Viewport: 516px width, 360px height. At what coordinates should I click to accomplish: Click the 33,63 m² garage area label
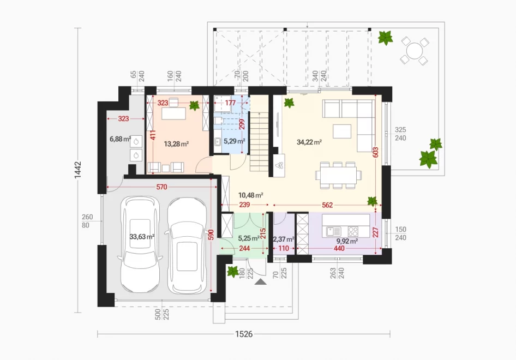142,237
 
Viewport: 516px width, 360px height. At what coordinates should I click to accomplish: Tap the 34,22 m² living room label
309,142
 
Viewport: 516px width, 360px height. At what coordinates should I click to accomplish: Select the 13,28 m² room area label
176,144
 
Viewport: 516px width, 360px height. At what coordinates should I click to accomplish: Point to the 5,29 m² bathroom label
235,141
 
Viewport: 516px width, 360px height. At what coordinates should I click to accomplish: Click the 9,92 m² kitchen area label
347,241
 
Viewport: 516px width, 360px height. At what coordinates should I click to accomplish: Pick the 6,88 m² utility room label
121,139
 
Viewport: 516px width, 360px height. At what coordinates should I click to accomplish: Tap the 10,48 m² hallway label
250,195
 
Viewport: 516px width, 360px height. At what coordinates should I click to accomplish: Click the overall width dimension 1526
244,334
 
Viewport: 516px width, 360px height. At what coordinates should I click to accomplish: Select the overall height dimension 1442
77,170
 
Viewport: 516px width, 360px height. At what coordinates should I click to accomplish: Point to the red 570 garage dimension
161,187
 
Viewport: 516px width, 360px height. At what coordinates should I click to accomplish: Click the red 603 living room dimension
376,152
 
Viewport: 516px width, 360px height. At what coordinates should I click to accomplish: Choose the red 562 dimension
327,205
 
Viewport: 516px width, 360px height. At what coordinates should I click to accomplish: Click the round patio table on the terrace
415,51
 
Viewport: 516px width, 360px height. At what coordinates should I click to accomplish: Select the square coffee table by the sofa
342,131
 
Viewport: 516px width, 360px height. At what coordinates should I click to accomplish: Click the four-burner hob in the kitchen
353,231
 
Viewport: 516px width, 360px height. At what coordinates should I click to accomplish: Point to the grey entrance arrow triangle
260,281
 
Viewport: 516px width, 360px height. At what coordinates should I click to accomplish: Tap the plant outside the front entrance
233,272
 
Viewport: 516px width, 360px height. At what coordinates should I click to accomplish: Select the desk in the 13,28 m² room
173,113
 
